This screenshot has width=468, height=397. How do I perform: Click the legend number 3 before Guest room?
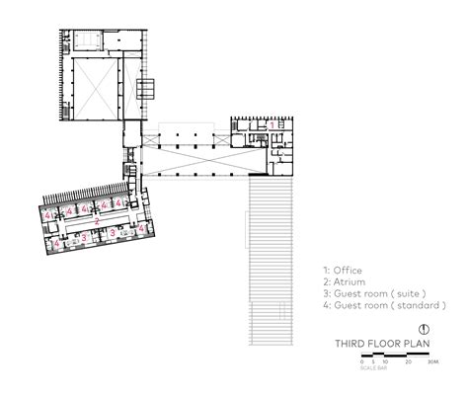pyautogui.click(x=325, y=293)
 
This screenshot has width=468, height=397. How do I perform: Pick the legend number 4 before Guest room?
pyautogui.click(x=325, y=305)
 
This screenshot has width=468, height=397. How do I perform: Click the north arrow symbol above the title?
pyautogui.click(x=423, y=330)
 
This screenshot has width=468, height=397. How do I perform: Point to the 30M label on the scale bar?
pyautogui.click(x=431, y=362)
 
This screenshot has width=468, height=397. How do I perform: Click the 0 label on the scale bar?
pyautogui.click(x=361, y=362)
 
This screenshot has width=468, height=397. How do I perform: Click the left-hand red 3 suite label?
pyautogui.click(x=85, y=237)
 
